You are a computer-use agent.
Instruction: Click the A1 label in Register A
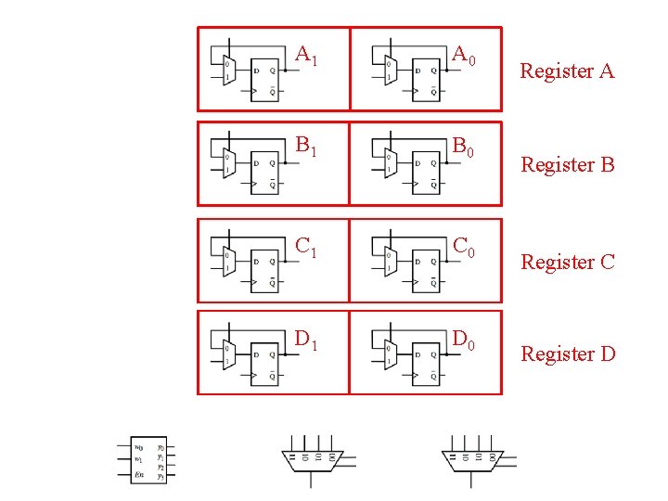(x=306, y=57)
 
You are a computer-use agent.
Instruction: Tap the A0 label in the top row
(x=463, y=57)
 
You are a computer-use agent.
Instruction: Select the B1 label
(x=306, y=146)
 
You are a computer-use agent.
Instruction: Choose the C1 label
(x=306, y=246)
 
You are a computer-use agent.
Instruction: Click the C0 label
(x=463, y=246)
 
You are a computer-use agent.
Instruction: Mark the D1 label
(x=306, y=340)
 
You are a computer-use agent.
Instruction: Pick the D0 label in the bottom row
(x=463, y=340)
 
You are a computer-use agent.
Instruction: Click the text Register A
(x=567, y=71)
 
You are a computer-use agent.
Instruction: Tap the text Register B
(x=568, y=165)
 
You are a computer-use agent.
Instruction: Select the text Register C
(x=568, y=263)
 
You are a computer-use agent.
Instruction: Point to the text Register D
(x=568, y=353)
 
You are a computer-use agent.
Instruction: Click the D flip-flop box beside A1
(x=263, y=79)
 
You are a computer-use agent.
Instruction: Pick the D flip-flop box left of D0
(x=424, y=365)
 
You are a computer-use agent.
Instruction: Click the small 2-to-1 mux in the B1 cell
(x=228, y=164)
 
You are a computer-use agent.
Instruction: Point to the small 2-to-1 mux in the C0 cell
(x=390, y=261)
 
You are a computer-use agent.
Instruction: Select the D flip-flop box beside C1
(x=263, y=268)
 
